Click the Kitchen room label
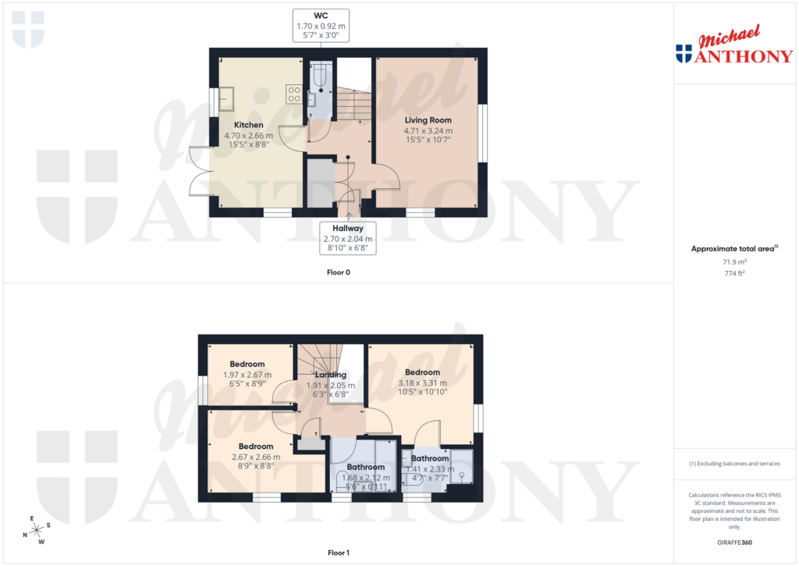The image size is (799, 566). tap(249, 125)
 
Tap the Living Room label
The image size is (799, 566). tap(428, 120)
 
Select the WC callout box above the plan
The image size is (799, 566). tap(321, 26)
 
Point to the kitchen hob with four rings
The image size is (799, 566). tap(295, 94)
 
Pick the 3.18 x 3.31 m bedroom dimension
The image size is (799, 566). tap(422, 383)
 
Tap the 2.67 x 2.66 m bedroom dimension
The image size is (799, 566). tap(256, 457)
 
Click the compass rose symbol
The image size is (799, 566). tap(35, 530)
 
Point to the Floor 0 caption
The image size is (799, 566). tap(338, 272)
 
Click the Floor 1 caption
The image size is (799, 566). tap(338, 554)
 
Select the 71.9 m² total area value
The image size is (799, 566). tap(736, 264)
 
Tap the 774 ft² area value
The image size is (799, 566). tap(736, 274)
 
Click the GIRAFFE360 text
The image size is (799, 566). tap(736, 543)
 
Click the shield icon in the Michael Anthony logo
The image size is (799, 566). tap(684, 54)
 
